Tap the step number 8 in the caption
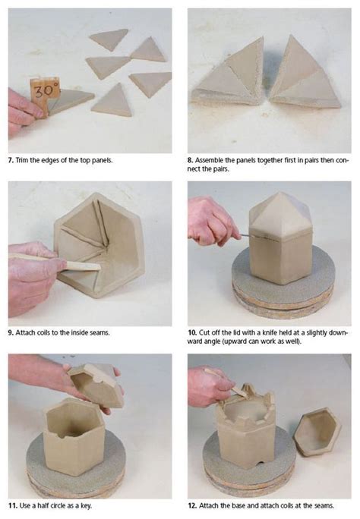(191, 161)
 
